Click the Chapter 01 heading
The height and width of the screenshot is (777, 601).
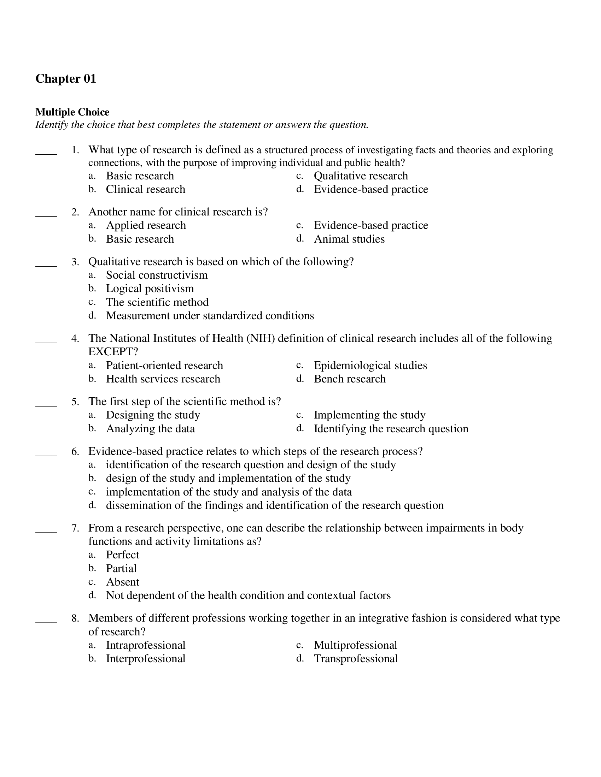click(x=66, y=79)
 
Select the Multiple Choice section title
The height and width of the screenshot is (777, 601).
click(x=72, y=112)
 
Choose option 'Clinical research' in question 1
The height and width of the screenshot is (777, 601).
click(x=145, y=189)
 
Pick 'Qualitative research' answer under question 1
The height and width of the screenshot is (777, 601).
click(x=361, y=176)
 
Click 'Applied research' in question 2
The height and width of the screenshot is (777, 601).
click(x=146, y=225)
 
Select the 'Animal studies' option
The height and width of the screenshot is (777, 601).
click(x=349, y=239)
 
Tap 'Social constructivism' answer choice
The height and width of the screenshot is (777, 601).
click(x=157, y=275)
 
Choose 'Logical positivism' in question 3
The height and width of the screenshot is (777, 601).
click(x=150, y=289)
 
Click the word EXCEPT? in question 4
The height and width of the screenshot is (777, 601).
click(x=113, y=351)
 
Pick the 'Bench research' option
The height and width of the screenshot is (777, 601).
click(x=350, y=379)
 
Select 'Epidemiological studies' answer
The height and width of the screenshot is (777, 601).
click(x=370, y=366)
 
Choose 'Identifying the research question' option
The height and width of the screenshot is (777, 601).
click(x=391, y=429)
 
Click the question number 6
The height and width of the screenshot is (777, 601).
click(x=75, y=451)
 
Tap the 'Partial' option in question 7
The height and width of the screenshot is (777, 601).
click(x=121, y=569)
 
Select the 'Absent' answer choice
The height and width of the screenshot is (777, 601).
click(x=122, y=582)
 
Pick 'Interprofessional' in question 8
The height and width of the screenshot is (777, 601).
click(x=146, y=659)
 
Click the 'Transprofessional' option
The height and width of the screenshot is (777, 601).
click(x=356, y=659)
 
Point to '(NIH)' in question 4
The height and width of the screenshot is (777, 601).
click(x=261, y=338)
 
